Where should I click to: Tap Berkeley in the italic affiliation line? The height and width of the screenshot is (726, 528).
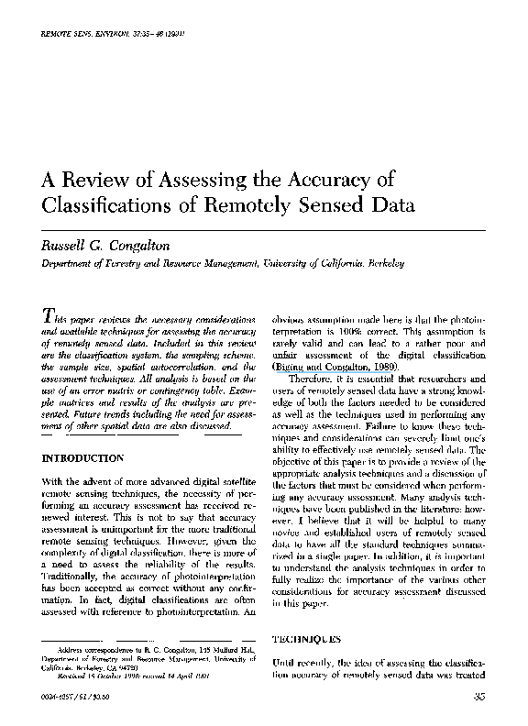click(x=385, y=264)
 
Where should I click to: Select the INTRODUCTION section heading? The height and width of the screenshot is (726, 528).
click(x=83, y=457)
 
